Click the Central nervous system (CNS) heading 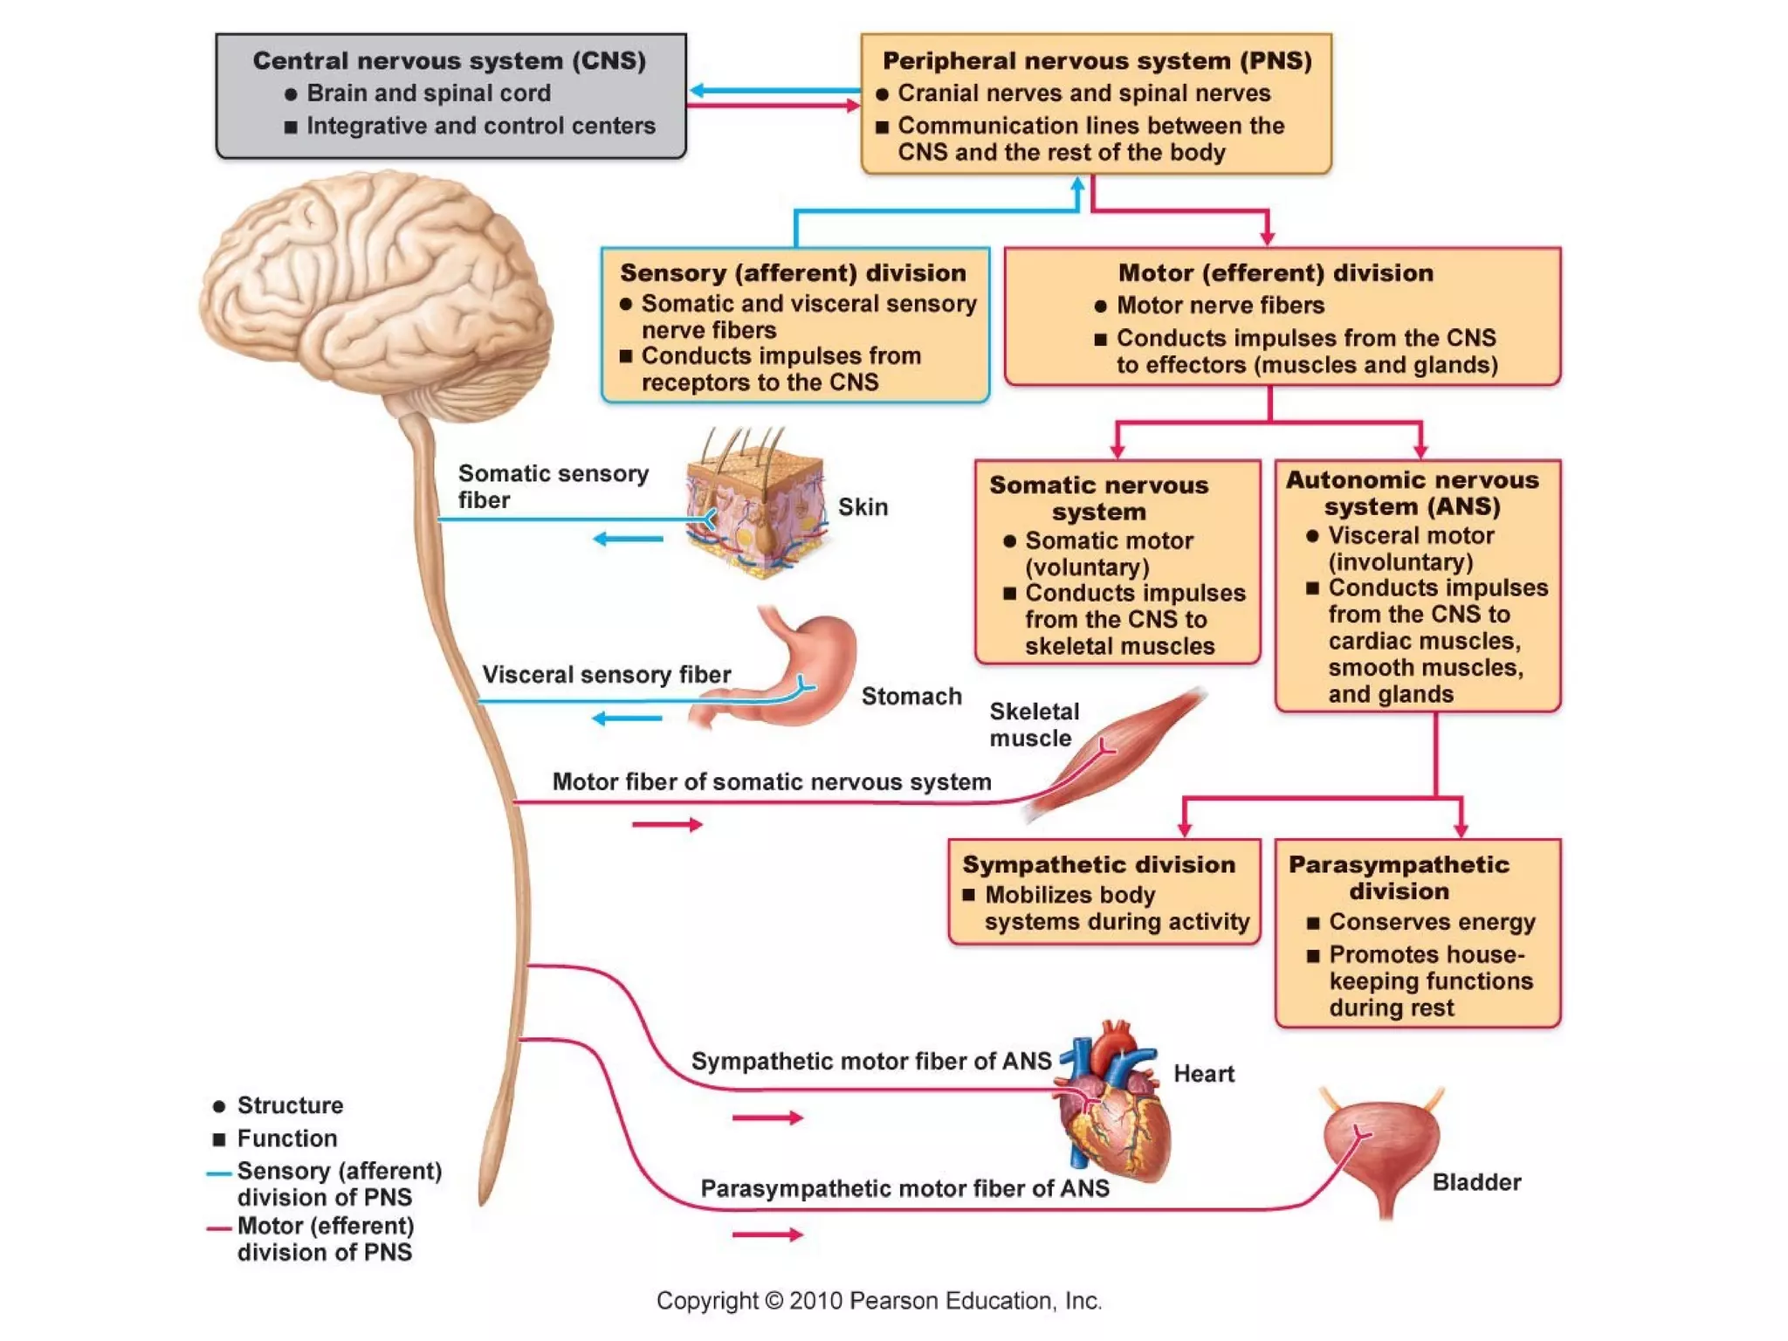450,61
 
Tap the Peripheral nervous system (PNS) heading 1097,61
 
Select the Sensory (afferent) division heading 793,273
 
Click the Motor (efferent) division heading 1276,273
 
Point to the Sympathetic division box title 1098,864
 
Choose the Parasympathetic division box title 1399,877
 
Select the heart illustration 1113,1104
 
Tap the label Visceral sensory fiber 606,675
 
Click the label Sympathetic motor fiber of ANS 870,1061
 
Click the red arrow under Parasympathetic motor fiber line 767,1234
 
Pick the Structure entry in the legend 289,1105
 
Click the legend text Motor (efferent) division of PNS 325,1239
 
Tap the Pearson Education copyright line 879,1301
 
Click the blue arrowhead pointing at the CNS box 698,90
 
